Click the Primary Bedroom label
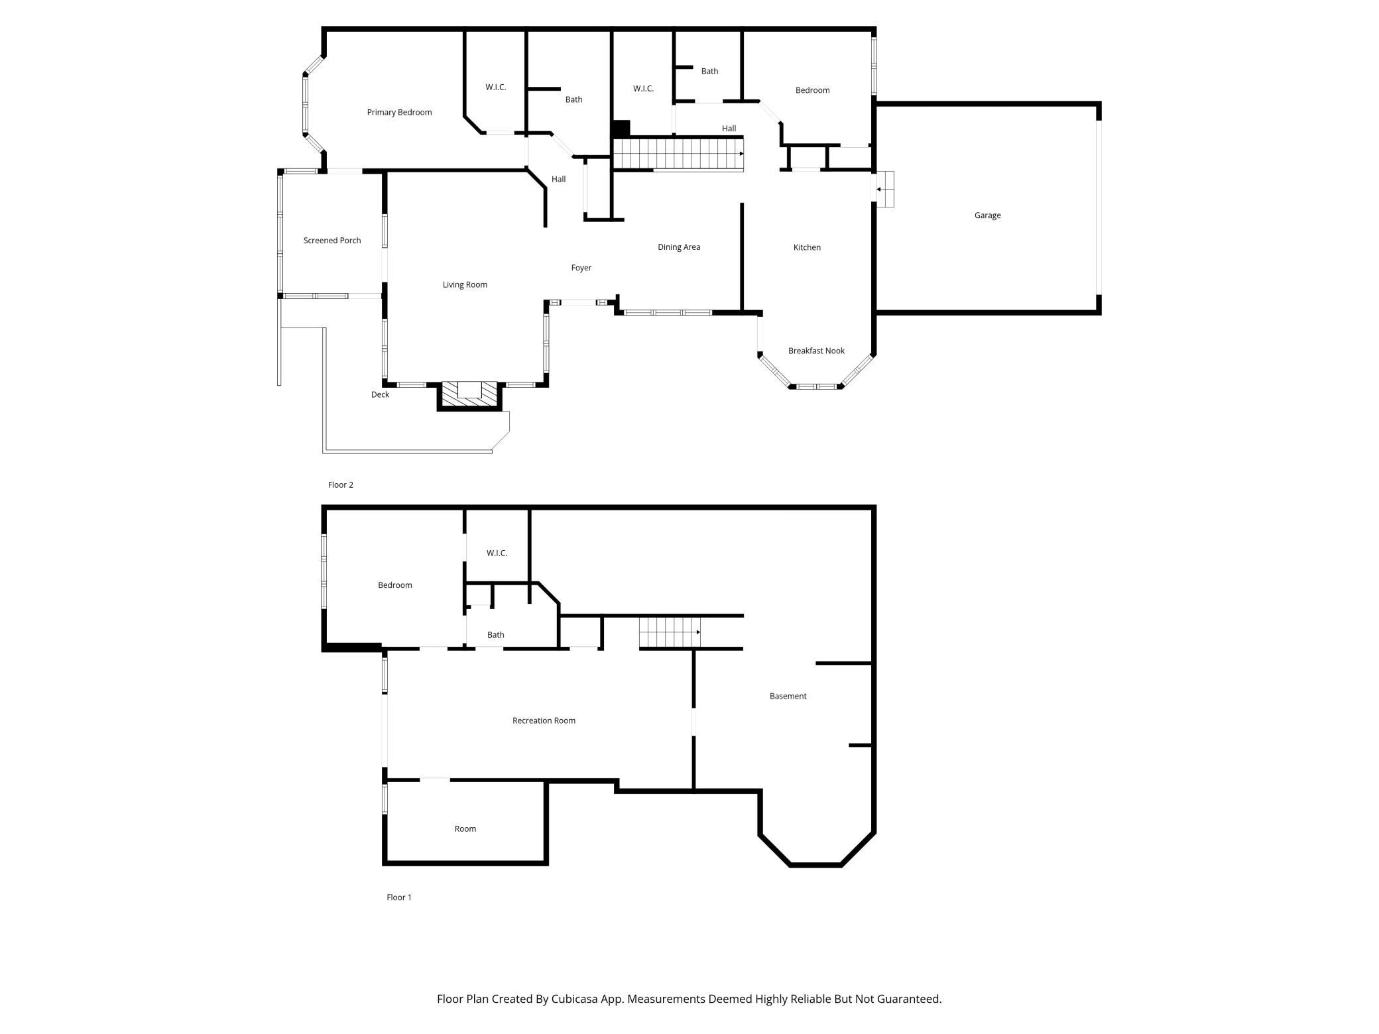(399, 112)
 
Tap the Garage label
(987, 215)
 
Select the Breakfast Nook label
(816, 351)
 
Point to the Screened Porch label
(332, 241)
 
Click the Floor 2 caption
(341, 485)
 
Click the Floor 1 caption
(399, 897)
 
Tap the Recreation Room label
(544, 720)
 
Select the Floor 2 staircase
(678, 154)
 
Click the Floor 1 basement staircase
(670, 632)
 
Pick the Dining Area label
(679, 247)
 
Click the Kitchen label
(807, 247)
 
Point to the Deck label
(380, 394)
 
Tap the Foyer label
(581, 268)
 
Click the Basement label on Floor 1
(788, 696)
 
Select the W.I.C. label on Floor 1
(497, 553)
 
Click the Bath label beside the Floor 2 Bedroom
(709, 71)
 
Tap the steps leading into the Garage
(885, 189)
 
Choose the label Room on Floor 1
(465, 829)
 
